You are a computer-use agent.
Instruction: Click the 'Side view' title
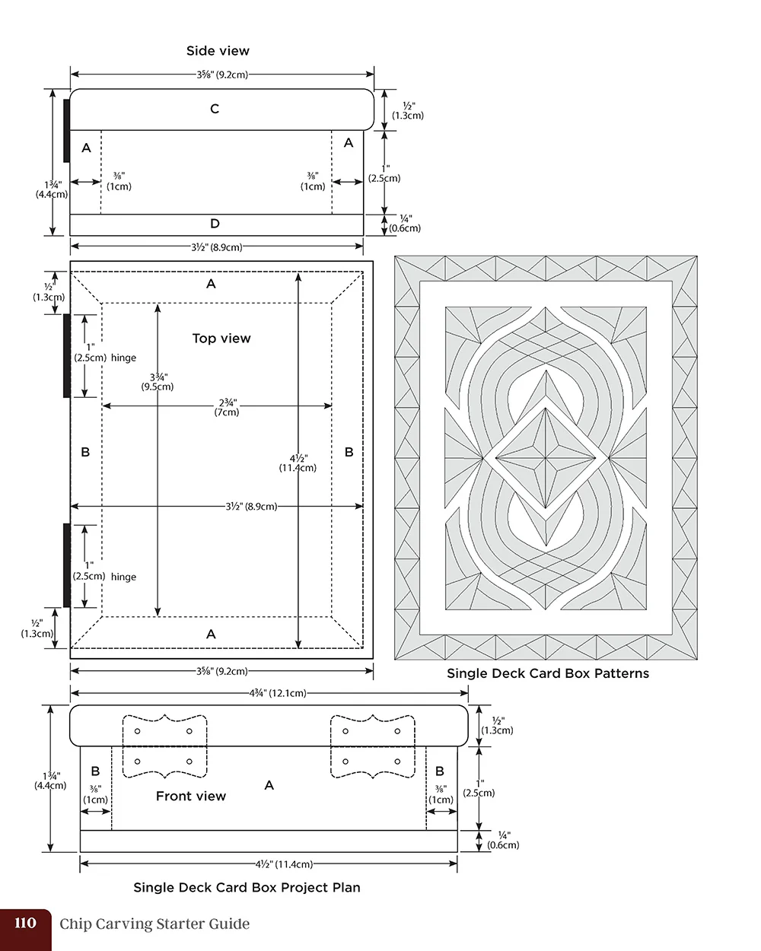[x=218, y=51]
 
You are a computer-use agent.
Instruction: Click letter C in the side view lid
[x=215, y=109]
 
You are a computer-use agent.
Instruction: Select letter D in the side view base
[x=215, y=224]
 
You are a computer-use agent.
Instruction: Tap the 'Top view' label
[x=221, y=339]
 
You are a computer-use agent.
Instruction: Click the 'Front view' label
[x=190, y=797]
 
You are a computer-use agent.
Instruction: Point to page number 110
[x=25, y=924]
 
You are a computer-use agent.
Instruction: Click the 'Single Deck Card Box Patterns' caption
[x=547, y=673]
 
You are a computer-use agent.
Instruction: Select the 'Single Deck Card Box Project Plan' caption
[x=247, y=887]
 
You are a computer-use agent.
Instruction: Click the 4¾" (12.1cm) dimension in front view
[x=278, y=693]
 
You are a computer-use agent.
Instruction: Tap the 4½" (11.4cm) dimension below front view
[x=284, y=864]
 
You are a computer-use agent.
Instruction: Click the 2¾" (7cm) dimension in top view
[x=227, y=407]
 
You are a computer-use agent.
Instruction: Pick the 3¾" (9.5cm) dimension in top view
[x=158, y=382]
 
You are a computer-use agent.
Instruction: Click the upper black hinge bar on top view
[x=67, y=355]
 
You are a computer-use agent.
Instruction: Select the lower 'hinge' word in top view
[x=123, y=577]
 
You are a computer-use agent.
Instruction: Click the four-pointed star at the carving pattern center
[x=546, y=459]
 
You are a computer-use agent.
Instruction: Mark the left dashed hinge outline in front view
[x=164, y=746]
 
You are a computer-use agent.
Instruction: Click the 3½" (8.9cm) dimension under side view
[x=217, y=247]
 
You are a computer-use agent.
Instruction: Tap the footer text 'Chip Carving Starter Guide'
[x=154, y=924]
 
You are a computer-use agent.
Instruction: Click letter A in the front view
[x=269, y=785]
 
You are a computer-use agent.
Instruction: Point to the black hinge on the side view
[x=67, y=130]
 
